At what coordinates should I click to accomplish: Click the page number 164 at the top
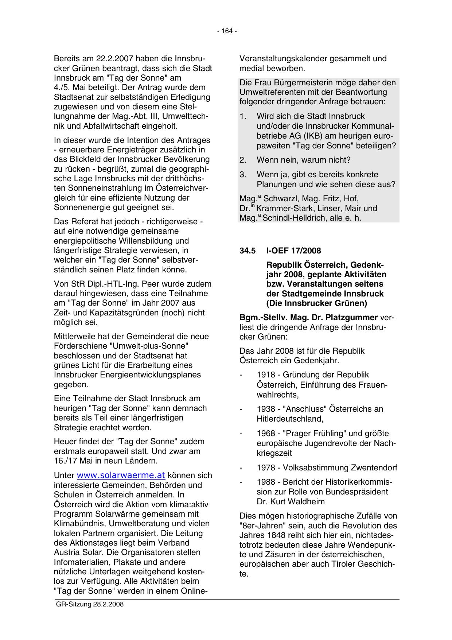(227, 31)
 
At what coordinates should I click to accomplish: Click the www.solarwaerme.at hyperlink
(121, 476)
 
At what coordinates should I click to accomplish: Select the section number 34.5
(247, 251)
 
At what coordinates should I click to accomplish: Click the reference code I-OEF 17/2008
(294, 251)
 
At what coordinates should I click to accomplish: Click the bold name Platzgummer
(353, 317)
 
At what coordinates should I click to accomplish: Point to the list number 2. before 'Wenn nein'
(243, 160)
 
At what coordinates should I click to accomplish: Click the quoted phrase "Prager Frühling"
(314, 434)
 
